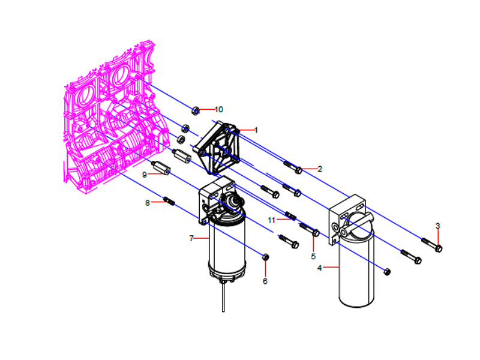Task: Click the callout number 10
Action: [x=218, y=109]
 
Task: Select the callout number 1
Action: [x=256, y=130]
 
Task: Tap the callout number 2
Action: [x=320, y=169]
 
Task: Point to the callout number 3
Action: [x=437, y=226]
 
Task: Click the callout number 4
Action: [x=319, y=268]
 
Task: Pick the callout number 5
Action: [x=313, y=256]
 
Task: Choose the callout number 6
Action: [x=265, y=280]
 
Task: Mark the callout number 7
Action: [x=191, y=238]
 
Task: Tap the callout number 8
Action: [x=147, y=203]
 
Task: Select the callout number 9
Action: [x=145, y=174]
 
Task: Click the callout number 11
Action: [x=271, y=220]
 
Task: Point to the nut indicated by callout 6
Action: [x=265, y=257]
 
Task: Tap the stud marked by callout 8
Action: [x=169, y=201]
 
